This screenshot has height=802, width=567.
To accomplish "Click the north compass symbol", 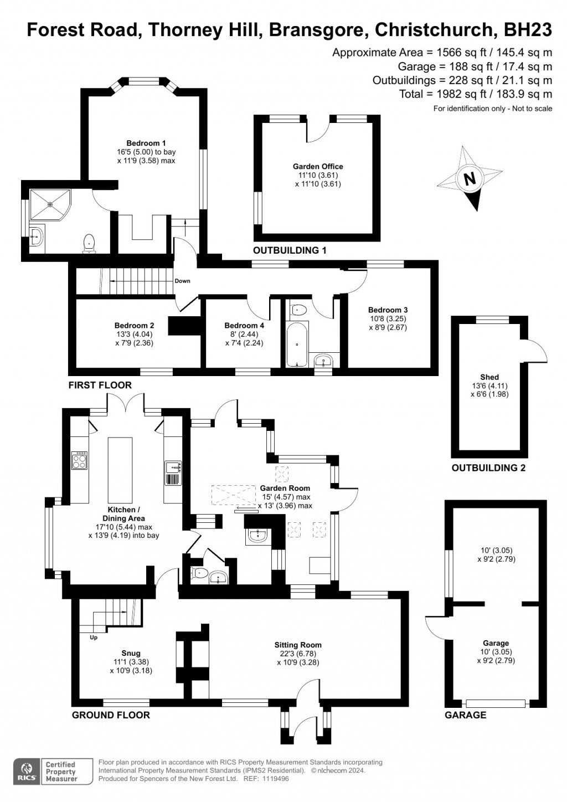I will coord(470,179).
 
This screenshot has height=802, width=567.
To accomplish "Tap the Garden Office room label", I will coord(318,166).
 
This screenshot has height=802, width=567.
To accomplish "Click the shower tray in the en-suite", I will coord(50,205).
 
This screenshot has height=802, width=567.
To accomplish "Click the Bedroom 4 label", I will coord(244,325).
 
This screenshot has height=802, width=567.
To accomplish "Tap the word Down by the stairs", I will coord(182,281).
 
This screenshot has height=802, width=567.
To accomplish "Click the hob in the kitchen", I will coord(79,461).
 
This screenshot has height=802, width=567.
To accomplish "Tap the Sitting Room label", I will coord(298,645).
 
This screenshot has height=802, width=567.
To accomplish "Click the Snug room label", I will coord(131,653).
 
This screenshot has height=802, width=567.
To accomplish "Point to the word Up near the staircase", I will coord(93,638).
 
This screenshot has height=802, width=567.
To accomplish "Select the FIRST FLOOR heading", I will coord(100,385).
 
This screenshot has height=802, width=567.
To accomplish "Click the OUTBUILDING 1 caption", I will coord(290,250).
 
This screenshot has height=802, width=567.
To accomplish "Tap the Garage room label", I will coord(496,643).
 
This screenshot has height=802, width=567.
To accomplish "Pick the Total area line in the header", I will coord(476,94).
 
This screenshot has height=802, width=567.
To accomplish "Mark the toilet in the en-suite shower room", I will coord(89,243).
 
